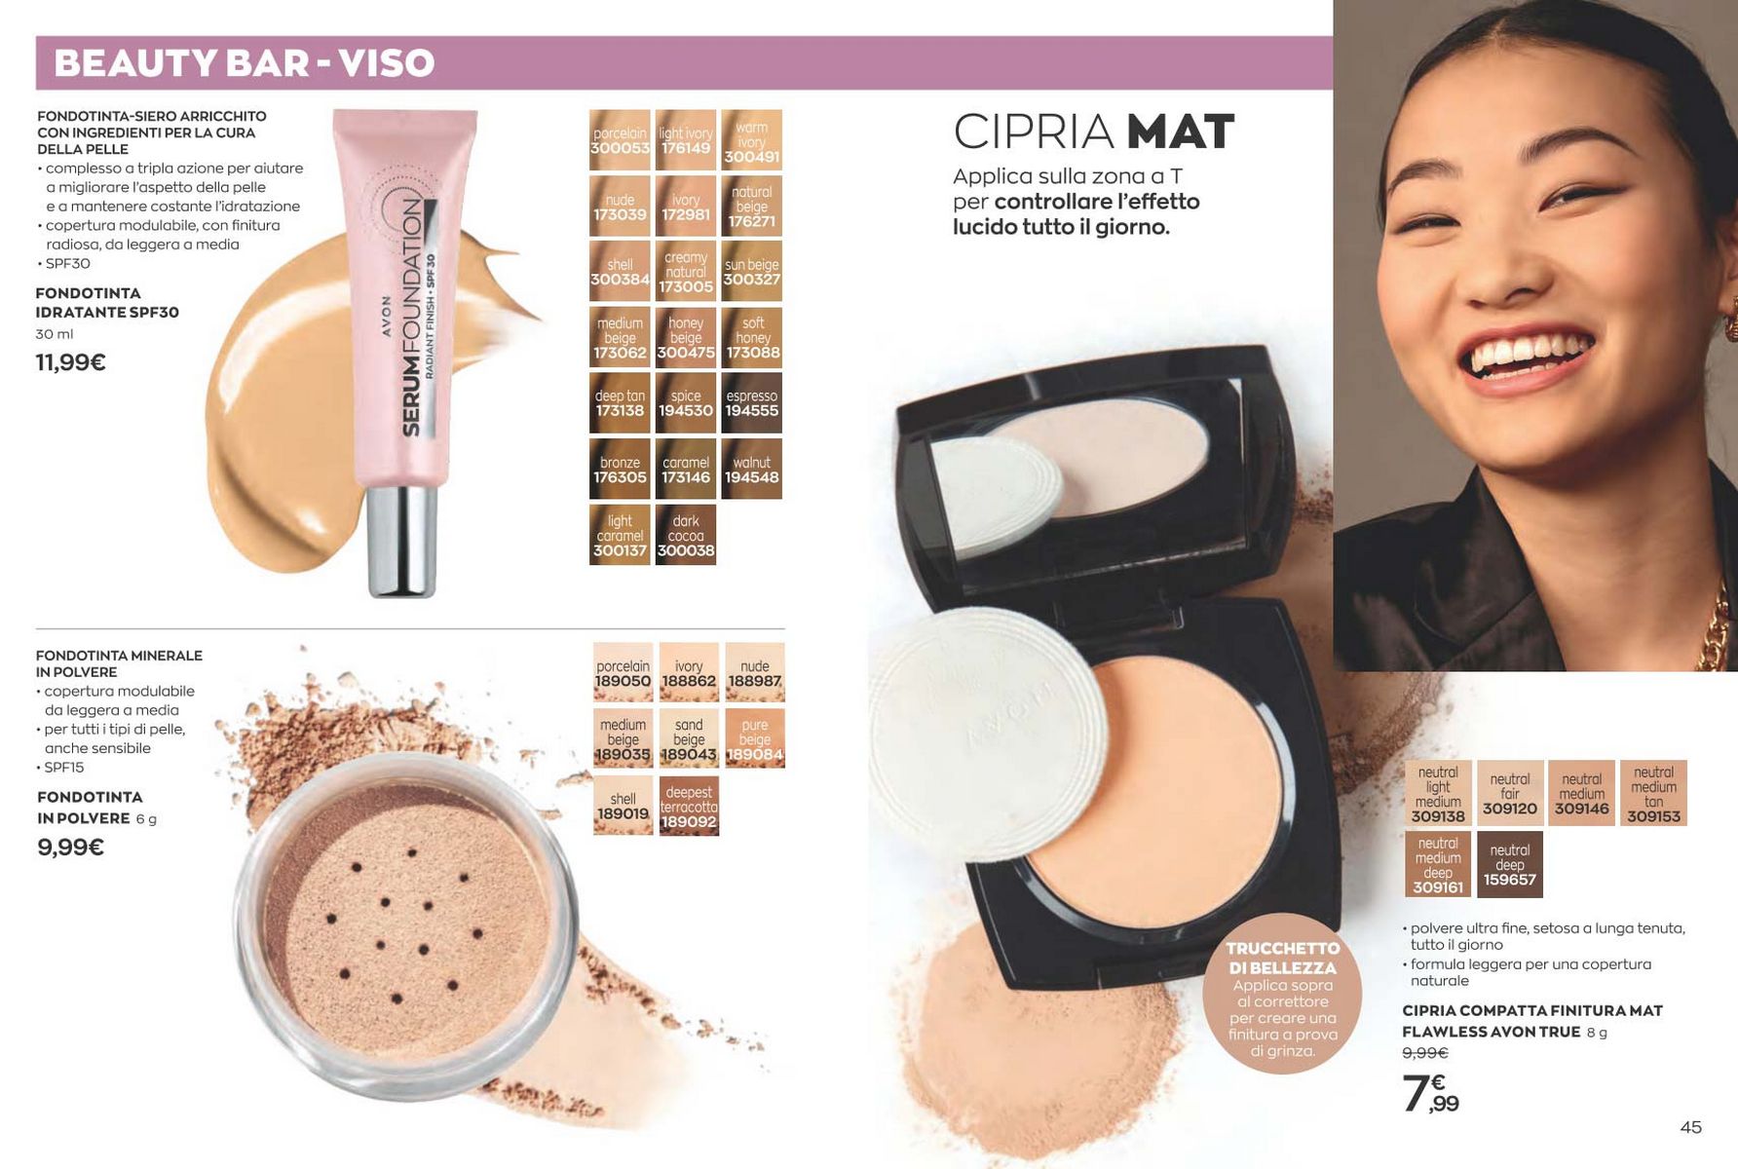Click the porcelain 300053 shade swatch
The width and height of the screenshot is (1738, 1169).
pyautogui.click(x=620, y=140)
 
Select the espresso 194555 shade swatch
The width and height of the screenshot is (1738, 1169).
pyautogui.click(x=751, y=403)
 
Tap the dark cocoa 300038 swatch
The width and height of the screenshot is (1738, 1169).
pyautogui.click(x=686, y=535)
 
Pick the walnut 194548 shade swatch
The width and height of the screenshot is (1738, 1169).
pyautogui.click(x=751, y=470)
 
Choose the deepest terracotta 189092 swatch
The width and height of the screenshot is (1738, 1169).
pyautogui.click(x=689, y=806)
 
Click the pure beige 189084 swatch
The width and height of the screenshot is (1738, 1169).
pyautogui.click(x=755, y=738)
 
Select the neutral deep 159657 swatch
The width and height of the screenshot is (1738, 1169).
pyautogui.click(x=1510, y=864)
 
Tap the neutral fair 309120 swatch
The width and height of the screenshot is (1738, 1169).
pyautogui.click(x=1510, y=793)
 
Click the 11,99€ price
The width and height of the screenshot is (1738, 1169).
pyautogui.click(x=71, y=362)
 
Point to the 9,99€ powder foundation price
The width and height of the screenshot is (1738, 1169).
pyautogui.click(x=70, y=847)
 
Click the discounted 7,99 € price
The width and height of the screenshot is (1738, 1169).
pyautogui.click(x=1430, y=1093)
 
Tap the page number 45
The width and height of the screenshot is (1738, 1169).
pyautogui.click(x=1690, y=1127)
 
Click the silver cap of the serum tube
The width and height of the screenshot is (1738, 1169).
pyautogui.click(x=401, y=540)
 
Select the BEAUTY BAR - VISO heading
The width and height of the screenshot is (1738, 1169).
pyautogui.click(x=244, y=63)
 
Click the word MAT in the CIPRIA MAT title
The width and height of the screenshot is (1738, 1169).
pyautogui.click(x=1180, y=132)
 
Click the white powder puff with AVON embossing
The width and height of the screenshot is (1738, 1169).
pyautogui.click(x=988, y=720)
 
